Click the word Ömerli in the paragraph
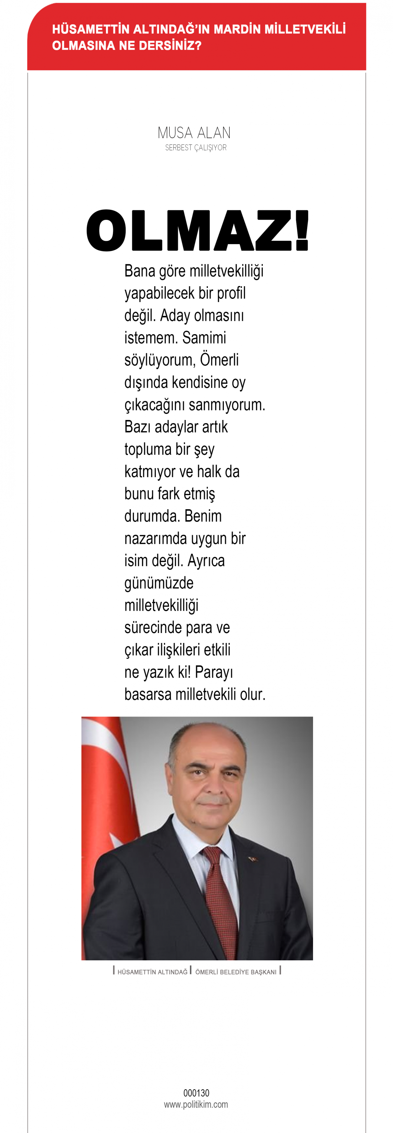pyautogui.click(x=219, y=360)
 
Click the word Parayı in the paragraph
pyautogui.click(x=214, y=672)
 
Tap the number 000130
pyautogui.click(x=196, y=1093)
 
